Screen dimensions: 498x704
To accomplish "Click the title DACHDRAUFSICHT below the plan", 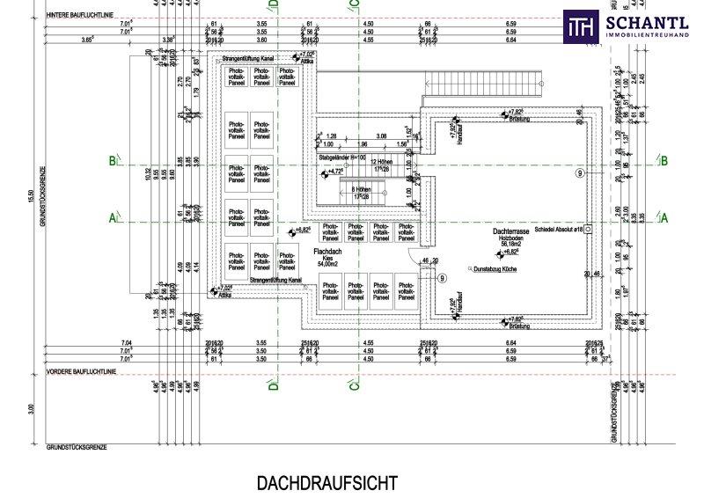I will pyautogui.click(x=327, y=482).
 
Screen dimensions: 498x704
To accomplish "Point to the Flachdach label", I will pyautogui.click(x=328, y=252).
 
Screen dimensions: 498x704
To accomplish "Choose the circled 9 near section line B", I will pyautogui.click(x=580, y=173).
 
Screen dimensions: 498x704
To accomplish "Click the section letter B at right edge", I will pyautogui.click(x=664, y=160).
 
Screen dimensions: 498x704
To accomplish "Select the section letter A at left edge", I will pyautogui.click(x=112, y=216).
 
